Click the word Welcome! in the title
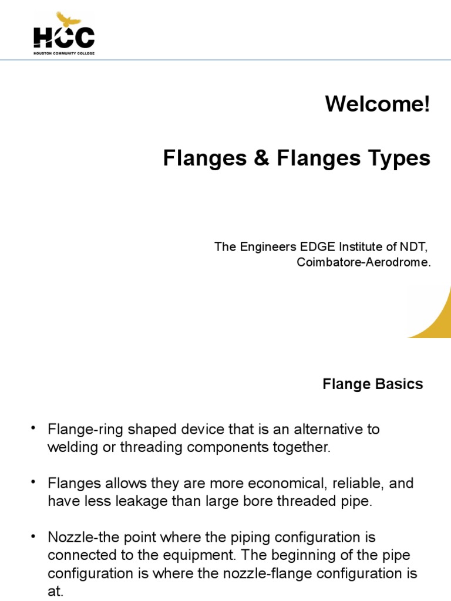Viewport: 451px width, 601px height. [x=378, y=104]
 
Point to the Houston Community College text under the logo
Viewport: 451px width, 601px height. [x=63, y=53]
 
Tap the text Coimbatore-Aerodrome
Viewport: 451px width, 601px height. [x=364, y=262]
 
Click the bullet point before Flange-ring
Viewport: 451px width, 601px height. [x=33, y=428]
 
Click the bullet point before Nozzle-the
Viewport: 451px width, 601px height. [x=33, y=536]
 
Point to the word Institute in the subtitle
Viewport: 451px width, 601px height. [x=357, y=247]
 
